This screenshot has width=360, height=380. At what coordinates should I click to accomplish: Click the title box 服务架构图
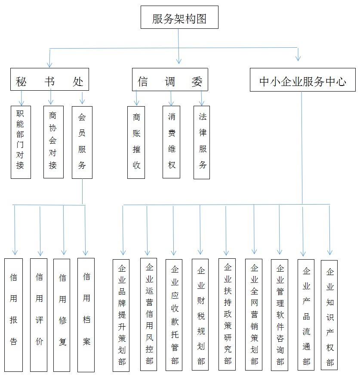point(179,17)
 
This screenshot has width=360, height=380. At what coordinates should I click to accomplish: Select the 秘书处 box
point(49,79)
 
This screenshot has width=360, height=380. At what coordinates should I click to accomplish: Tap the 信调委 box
point(170,80)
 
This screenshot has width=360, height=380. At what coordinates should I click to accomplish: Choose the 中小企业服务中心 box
point(302,80)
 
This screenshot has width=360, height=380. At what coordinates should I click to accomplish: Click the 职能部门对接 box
point(21,142)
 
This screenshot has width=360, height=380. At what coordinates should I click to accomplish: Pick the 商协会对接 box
point(53,142)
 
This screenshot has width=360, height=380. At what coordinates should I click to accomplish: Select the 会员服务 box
point(82,143)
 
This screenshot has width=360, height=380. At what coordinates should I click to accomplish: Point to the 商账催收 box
point(136,143)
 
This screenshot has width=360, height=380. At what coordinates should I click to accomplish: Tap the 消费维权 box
point(171,142)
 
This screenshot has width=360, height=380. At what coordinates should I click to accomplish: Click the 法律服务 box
point(201,143)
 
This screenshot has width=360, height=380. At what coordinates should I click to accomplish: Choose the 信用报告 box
point(14,315)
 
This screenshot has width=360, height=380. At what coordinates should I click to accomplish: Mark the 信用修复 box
point(62,315)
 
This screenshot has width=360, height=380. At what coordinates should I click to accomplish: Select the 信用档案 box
point(86,315)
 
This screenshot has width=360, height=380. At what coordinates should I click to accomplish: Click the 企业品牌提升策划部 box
point(121,315)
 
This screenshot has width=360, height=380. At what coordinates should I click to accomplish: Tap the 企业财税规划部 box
point(200,315)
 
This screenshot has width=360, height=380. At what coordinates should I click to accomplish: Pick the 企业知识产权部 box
point(329,315)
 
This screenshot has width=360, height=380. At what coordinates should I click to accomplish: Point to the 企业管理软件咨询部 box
point(279,315)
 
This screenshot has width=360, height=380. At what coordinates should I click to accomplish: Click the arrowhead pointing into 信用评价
point(40,254)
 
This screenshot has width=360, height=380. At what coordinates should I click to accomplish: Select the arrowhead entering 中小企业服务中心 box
point(298,58)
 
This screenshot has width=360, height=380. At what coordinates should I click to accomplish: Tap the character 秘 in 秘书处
point(21,82)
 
